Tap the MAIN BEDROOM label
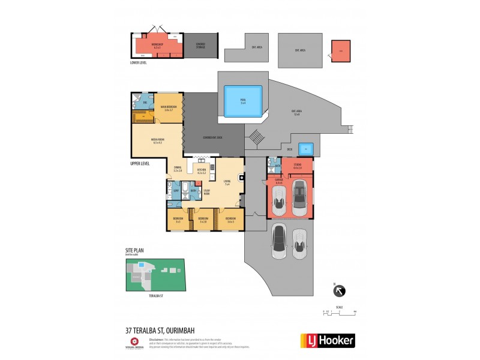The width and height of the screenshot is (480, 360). point(168,108)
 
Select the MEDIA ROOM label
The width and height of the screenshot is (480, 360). point(158,141)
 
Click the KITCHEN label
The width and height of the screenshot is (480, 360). point(202,171)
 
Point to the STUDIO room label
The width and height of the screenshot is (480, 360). point(297,166)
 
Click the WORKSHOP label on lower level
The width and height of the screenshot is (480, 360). point(157,45)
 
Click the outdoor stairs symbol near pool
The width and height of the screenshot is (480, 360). point(256,137)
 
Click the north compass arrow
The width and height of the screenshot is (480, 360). point(339,291)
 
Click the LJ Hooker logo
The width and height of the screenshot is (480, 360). point(327,340)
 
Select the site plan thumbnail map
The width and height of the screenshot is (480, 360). point(155,275)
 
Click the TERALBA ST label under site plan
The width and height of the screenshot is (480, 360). point(155,296)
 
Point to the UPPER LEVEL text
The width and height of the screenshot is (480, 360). point(140,163)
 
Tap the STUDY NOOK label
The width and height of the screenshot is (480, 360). point(206,193)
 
